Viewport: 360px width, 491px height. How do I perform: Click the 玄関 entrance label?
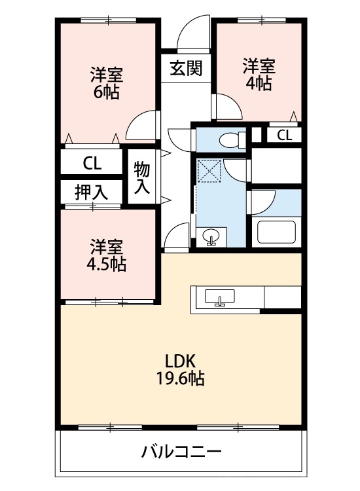[x=186, y=67]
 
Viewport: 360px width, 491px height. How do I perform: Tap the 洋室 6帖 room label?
[x=106, y=82]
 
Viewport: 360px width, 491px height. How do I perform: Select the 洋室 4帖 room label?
[x=259, y=74]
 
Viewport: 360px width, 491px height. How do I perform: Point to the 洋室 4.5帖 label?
[x=106, y=255]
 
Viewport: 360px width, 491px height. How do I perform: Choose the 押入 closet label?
[x=92, y=192]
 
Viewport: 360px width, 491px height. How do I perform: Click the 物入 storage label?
[x=143, y=177]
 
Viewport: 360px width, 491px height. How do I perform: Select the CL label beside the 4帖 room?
[x=284, y=136]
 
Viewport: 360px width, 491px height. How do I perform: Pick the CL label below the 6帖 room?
[x=92, y=162]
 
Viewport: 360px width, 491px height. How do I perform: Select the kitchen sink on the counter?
[x=220, y=299]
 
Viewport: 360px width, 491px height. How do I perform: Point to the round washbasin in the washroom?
[x=211, y=236]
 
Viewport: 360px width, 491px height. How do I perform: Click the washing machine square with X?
[x=211, y=172]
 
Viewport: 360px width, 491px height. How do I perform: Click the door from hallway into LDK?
[x=176, y=236]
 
